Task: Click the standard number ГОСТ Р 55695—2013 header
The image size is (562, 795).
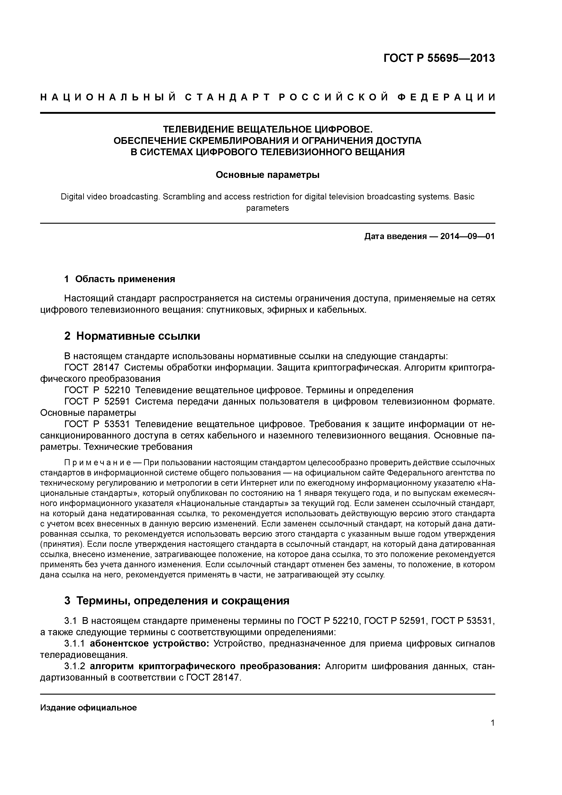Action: pos(439,58)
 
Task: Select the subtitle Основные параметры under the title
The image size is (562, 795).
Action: pos(267,175)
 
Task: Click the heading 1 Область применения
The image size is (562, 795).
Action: pos(120,279)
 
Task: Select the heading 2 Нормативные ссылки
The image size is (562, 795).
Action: pos(132,336)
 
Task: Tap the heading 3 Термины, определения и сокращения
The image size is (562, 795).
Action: pos(177,600)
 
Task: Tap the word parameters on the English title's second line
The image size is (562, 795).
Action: pos(267,208)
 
